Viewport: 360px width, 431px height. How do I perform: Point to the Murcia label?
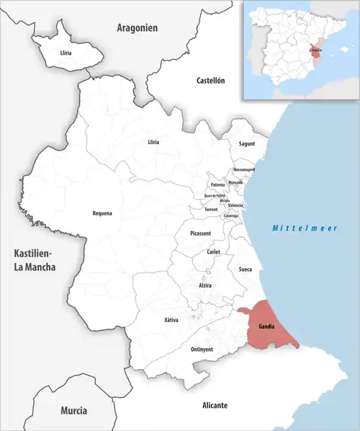pos(73,411)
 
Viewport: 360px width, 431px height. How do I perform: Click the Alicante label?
pos(215,406)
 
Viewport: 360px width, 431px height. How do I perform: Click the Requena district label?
pos(102,213)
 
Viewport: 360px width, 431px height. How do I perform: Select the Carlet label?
pos(213,252)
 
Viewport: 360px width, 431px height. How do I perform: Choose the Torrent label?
pos(211,210)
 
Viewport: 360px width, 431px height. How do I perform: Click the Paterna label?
pos(217,185)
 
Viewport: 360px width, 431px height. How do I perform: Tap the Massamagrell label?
pos(244,169)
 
